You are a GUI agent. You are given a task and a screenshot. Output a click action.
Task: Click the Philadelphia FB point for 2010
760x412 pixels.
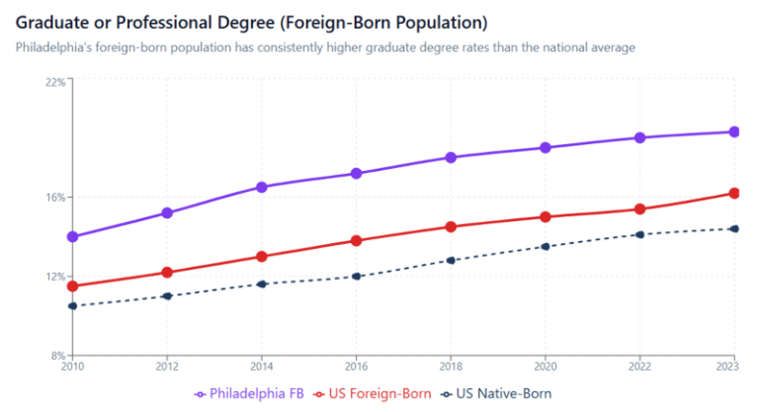click(72, 237)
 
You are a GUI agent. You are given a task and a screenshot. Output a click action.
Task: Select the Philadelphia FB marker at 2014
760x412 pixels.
click(262, 188)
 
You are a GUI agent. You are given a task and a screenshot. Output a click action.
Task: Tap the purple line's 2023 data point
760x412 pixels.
click(734, 132)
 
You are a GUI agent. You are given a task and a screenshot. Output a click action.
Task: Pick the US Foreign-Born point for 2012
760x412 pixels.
click(167, 273)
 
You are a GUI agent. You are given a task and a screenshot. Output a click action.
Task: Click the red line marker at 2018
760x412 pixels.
click(451, 227)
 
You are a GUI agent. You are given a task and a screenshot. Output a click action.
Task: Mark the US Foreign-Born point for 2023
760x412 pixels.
click(734, 194)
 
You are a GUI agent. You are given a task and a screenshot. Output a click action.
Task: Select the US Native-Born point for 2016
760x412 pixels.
click(356, 277)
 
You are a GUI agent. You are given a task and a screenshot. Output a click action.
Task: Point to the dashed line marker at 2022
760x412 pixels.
click(640, 235)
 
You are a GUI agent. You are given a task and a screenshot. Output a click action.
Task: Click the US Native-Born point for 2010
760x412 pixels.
click(72, 306)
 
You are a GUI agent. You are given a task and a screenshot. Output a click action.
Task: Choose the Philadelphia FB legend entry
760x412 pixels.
click(250, 393)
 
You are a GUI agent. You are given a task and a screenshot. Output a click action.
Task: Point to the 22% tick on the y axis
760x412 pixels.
click(55, 82)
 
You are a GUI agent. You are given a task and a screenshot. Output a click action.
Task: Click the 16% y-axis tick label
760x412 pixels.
click(55, 197)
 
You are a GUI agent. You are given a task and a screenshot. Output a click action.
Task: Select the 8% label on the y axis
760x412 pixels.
click(58, 355)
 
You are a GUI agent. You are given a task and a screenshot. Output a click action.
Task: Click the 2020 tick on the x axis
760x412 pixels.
click(546, 367)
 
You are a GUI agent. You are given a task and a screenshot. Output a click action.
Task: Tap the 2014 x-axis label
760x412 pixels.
click(262, 367)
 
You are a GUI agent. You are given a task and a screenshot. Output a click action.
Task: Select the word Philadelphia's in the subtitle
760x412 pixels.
click(54, 47)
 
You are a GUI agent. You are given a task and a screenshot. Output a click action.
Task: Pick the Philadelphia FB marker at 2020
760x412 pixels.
click(546, 148)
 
